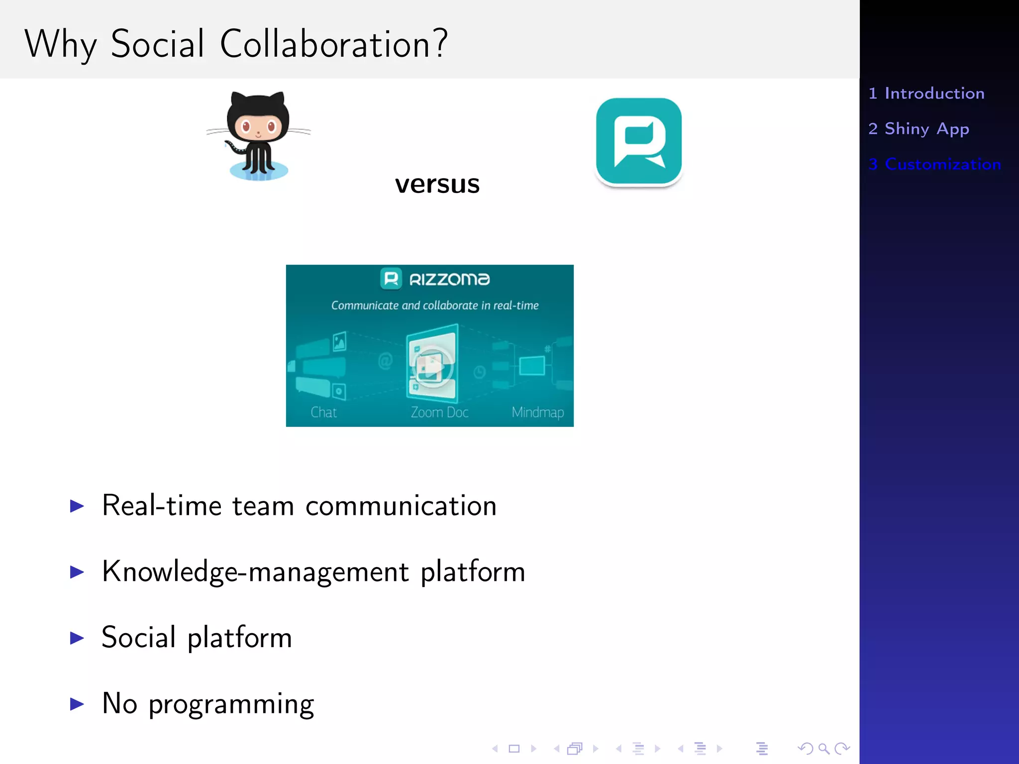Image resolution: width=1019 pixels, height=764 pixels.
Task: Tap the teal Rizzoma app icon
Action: [639, 141]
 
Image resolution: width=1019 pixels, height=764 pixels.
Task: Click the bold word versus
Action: [437, 184]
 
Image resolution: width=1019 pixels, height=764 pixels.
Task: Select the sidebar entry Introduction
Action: [934, 94]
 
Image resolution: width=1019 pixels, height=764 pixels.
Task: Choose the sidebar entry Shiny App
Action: [926, 129]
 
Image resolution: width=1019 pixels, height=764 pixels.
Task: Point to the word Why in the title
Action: [60, 45]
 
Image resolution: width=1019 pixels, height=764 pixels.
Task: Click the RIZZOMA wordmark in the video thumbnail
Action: [449, 280]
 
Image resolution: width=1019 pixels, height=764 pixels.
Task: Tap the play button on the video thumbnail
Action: [431, 367]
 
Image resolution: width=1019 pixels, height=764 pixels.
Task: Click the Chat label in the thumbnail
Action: [324, 412]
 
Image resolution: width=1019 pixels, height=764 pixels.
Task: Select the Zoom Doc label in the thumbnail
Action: [439, 412]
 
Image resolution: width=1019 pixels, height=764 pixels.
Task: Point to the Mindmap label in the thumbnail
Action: [537, 412]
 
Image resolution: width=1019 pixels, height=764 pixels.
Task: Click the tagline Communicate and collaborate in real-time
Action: [435, 305]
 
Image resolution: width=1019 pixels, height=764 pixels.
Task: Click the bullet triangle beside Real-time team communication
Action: [77, 506]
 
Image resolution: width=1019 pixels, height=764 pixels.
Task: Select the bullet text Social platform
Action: [197, 638]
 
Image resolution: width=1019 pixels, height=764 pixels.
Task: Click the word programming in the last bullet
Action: [231, 704]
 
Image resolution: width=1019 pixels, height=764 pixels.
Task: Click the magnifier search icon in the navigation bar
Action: [824, 749]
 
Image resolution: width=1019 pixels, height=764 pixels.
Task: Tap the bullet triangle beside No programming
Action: [77, 704]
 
